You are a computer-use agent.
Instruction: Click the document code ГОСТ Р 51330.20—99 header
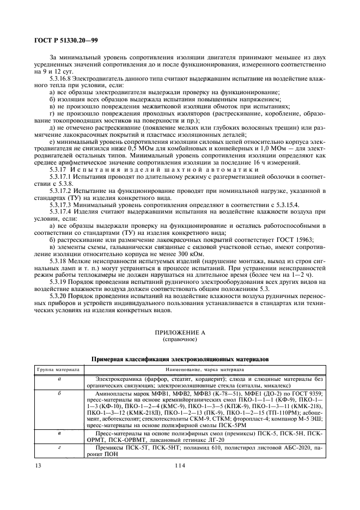(x=63, y=40)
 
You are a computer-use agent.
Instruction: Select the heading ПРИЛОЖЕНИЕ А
(x=180, y=333)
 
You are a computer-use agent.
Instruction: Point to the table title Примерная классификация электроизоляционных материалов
(x=180, y=360)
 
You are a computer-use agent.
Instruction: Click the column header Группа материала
(x=58, y=369)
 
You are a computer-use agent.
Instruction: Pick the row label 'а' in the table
(x=58, y=378)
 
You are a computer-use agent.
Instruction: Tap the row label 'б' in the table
(x=58, y=392)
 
